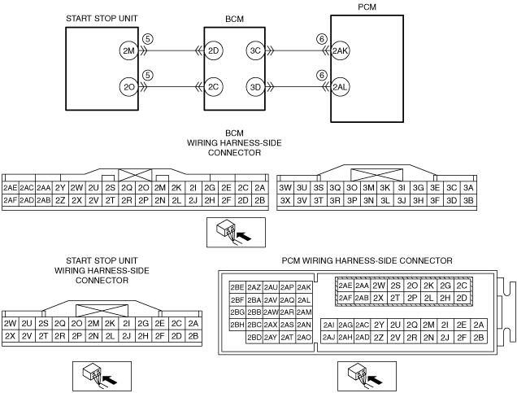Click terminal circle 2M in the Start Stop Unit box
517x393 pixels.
pyautogui.click(x=128, y=50)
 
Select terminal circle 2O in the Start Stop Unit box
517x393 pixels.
pyautogui.click(x=128, y=86)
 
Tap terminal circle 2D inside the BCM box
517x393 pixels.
pyautogui.click(x=214, y=50)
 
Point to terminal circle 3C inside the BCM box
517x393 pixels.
pyautogui.click(x=255, y=50)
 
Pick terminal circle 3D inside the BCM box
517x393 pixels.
pyautogui.click(x=255, y=86)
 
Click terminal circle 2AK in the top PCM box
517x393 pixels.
pyautogui.click(x=341, y=50)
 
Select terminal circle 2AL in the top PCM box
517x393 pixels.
pyautogui.click(x=341, y=86)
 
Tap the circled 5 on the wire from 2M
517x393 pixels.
pyautogui.click(x=147, y=39)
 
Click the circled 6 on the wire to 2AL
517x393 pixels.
pyautogui.click(x=322, y=75)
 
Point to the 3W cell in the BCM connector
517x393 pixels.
pyautogui.click(x=285, y=187)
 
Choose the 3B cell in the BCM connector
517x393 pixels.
pyautogui.click(x=468, y=199)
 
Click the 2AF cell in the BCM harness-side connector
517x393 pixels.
pyautogui.click(x=11, y=199)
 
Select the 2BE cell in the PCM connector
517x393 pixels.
pyautogui.click(x=237, y=287)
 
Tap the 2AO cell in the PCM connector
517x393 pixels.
pyautogui.click(x=305, y=337)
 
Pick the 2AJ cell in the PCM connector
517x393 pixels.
pyautogui.click(x=328, y=337)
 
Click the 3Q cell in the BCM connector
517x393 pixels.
pyautogui.click(x=336, y=187)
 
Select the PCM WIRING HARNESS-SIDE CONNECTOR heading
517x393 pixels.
pyautogui.click(x=366, y=260)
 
